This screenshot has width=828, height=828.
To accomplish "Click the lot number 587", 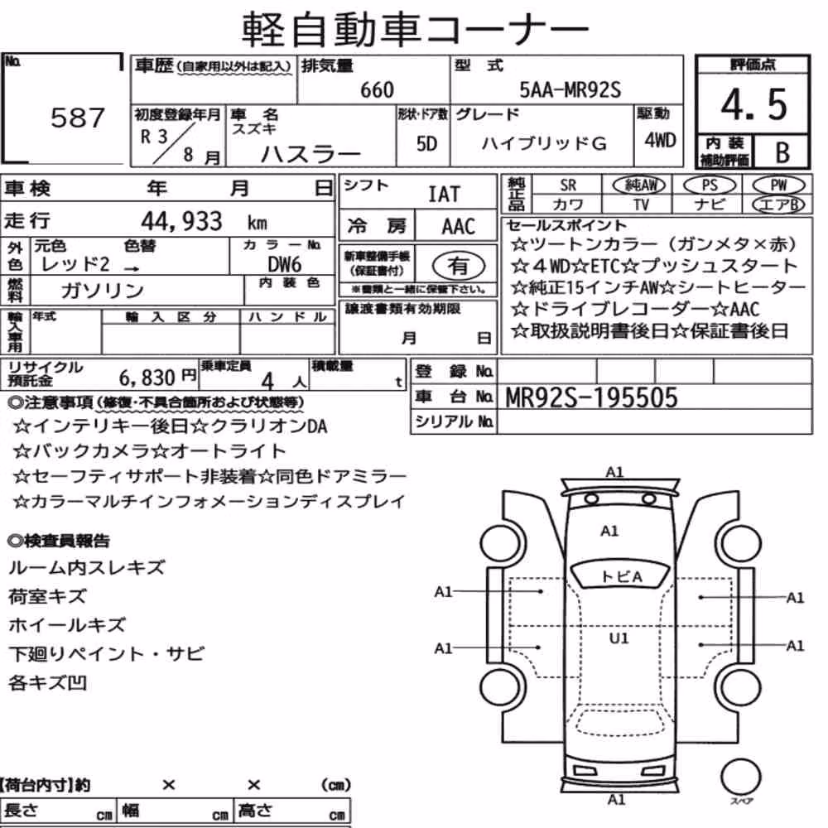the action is click(x=78, y=118).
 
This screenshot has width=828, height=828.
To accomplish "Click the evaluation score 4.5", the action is click(x=753, y=104).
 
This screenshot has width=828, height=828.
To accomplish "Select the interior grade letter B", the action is click(x=782, y=152).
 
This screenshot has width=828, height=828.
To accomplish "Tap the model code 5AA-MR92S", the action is click(x=570, y=89).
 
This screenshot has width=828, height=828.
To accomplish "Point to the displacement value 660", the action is click(x=377, y=89).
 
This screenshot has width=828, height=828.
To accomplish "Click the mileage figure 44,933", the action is click(x=181, y=221).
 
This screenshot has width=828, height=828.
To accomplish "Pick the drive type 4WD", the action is click(x=660, y=141).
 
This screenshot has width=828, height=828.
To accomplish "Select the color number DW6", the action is click(x=284, y=264).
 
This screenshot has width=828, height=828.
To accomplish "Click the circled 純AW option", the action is click(x=639, y=185).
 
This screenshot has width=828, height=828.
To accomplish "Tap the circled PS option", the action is click(x=710, y=185).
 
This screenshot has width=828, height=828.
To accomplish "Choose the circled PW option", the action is click(x=778, y=185).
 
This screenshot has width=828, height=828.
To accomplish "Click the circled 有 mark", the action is click(x=459, y=266).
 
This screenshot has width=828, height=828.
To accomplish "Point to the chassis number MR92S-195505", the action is click(x=591, y=397).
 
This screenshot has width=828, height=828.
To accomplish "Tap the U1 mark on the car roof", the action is click(x=619, y=638).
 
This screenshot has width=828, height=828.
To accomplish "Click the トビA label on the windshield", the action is click(x=622, y=576).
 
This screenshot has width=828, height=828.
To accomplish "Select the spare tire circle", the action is click(x=740, y=777).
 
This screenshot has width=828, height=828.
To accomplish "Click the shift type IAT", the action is click(x=444, y=195).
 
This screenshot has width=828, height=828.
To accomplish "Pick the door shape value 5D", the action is click(x=426, y=143).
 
